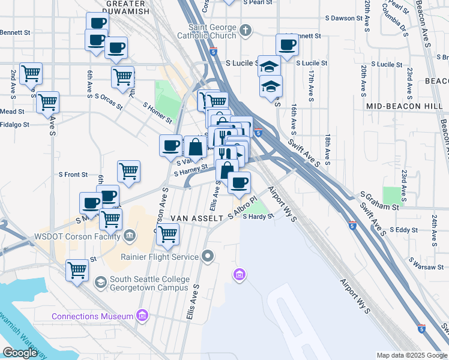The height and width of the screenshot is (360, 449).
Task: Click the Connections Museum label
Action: [92, 316]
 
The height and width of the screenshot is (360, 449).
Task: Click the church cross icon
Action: [246, 30]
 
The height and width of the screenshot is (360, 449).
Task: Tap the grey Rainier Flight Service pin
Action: [208, 257]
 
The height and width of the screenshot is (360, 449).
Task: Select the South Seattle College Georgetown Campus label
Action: [149, 284]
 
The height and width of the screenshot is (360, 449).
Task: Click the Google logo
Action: [20, 353]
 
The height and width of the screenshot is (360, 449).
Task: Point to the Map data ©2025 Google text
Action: [411, 356]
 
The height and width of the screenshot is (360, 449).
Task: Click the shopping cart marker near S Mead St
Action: [47, 102]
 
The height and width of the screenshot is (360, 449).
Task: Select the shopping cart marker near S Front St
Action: [129, 172]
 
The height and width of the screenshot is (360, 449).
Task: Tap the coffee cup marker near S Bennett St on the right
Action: [287, 44]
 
